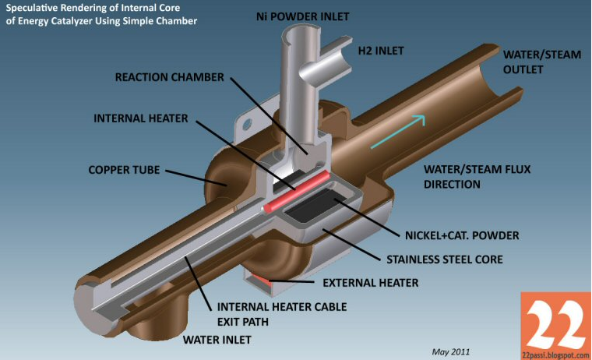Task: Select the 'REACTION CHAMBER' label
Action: click(x=169, y=78)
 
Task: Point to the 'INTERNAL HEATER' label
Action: click(x=142, y=118)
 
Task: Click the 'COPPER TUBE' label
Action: click(x=125, y=168)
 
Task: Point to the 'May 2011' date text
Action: click(x=451, y=351)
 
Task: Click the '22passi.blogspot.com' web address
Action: click(x=556, y=354)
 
